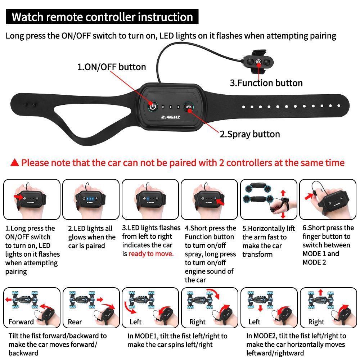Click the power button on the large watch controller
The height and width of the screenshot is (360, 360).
click(153, 107)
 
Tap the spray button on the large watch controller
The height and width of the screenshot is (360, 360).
click(189, 107)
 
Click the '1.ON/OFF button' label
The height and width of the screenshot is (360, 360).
click(112, 67)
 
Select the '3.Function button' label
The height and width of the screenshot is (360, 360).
click(266, 83)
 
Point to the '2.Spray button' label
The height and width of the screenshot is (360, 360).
click(250, 134)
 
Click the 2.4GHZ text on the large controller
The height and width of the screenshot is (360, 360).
click(171, 117)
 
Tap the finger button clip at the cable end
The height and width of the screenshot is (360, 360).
click(258, 62)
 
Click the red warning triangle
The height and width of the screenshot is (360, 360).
click(15, 163)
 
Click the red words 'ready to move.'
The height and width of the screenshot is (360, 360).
click(151, 254)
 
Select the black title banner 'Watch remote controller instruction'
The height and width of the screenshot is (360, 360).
click(102, 17)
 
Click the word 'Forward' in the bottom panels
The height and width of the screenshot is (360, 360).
click(21, 322)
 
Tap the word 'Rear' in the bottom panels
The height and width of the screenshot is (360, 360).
click(75, 322)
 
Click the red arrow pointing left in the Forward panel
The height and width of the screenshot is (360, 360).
click(9, 300)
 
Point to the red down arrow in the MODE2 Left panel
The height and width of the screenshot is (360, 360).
click(260, 309)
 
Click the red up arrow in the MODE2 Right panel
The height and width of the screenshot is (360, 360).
click(321, 292)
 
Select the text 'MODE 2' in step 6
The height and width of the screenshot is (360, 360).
click(314, 262)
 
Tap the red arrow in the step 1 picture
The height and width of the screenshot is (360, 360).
click(18, 197)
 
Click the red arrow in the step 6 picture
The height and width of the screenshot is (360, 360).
click(309, 196)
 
